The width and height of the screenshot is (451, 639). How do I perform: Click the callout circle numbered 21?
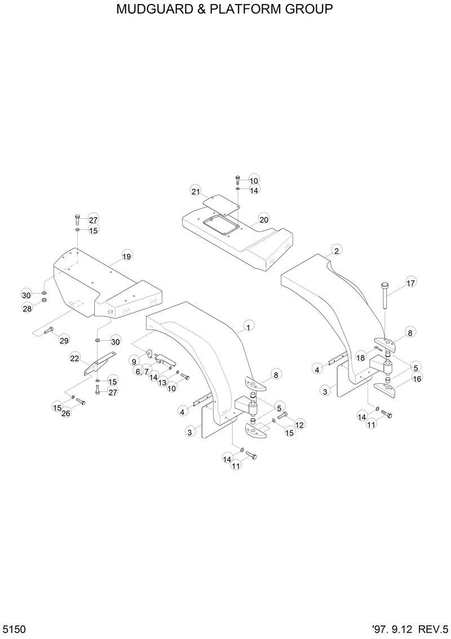click(x=196, y=191)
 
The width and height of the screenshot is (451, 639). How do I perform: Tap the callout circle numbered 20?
click(x=264, y=219)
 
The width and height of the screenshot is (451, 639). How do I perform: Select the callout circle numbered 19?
click(x=126, y=257)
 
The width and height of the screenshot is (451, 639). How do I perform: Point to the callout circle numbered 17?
click(x=410, y=283)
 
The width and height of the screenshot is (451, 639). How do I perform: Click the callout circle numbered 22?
click(x=74, y=358)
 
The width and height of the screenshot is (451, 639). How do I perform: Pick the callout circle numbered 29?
click(x=64, y=340)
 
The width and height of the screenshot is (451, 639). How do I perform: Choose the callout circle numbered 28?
click(x=26, y=309)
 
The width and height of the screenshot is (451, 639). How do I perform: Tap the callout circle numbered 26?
click(x=66, y=414)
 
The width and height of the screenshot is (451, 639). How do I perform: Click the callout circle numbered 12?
click(x=299, y=424)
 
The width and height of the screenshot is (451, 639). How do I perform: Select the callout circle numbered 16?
click(x=417, y=379)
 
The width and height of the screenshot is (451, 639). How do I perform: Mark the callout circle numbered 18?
click(x=360, y=358)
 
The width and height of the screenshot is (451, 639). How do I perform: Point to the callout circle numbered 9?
click(x=135, y=361)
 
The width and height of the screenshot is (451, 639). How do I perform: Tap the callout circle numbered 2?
click(x=336, y=250)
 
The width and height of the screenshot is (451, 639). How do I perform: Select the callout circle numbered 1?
click(x=247, y=326)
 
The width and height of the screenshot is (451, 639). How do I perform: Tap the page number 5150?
click(x=14, y=629)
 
